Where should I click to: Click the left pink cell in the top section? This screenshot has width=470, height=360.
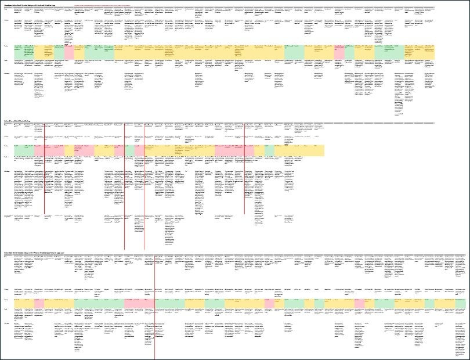click(x=68, y=52)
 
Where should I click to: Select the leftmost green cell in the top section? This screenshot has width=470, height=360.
click(x=23, y=52)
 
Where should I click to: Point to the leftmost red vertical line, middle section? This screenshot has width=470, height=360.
click(x=45, y=168)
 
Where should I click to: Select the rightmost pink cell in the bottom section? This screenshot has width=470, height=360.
click(x=358, y=303)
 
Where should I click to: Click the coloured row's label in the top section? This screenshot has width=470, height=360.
click(x=6, y=46)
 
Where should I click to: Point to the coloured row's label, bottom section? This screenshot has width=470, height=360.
click(x=6, y=299)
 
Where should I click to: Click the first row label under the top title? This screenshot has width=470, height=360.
click(x=6, y=10)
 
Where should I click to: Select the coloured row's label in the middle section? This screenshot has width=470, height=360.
click(x=6, y=146)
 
